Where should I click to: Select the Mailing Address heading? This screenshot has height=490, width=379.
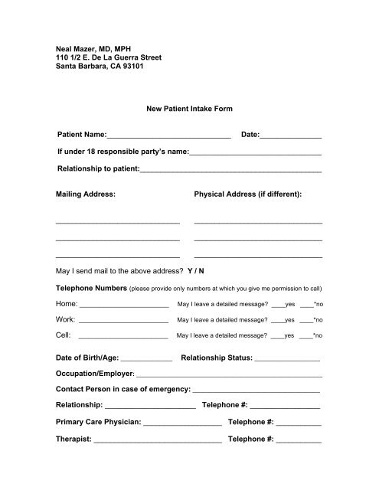coord(86,194)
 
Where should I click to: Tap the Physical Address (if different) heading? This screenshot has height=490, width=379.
coord(248,194)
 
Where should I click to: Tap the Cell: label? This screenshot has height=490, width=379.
coord(64,335)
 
